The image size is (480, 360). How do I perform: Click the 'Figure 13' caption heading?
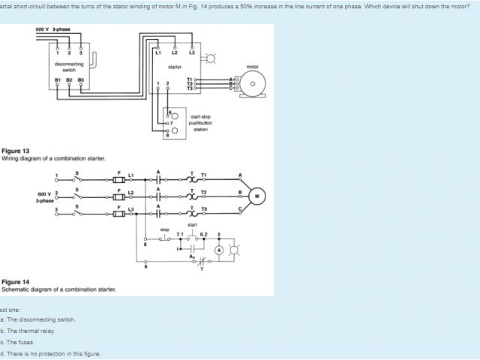pyautogui.click(x=16, y=151)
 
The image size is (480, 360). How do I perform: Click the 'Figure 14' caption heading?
pyautogui.click(x=16, y=282)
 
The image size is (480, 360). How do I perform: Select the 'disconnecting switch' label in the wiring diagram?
pyautogui.click(x=69, y=67)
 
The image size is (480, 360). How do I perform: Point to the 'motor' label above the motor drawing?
pyautogui.click(x=252, y=67)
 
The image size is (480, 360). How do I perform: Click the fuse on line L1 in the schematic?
pyautogui.click(x=118, y=180)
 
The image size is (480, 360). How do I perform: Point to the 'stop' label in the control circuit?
pyautogui.click(x=165, y=229)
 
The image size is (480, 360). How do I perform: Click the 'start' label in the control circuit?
pyautogui.click(x=193, y=223)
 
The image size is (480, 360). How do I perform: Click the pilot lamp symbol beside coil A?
pyautogui.click(x=233, y=248)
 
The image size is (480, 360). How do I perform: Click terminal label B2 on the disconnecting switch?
pyautogui.click(x=70, y=78)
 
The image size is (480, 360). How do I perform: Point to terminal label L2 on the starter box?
pyautogui.click(x=175, y=52)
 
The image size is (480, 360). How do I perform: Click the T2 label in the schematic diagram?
pyautogui.click(x=203, y=192)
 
